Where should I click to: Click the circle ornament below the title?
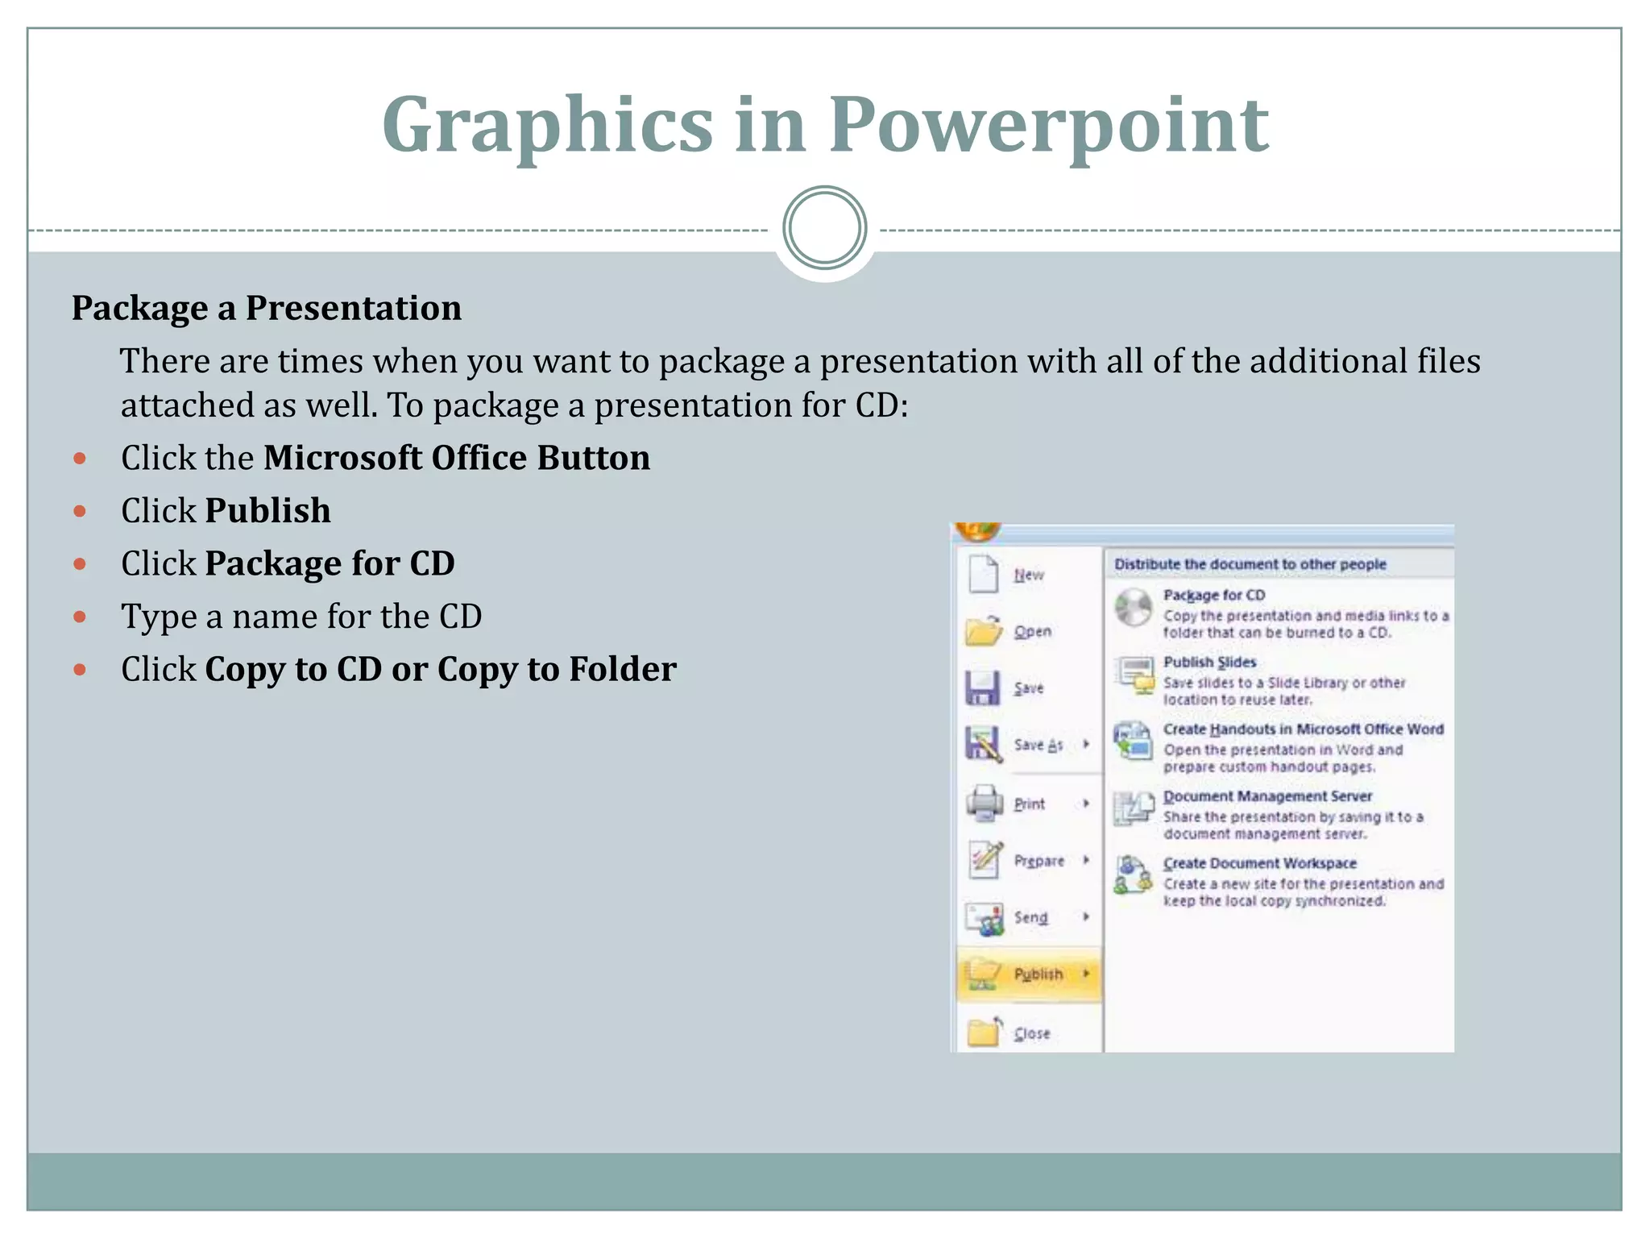coord(824,228)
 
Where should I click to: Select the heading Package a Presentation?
coord(267,308)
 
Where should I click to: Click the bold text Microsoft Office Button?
coord(456,458)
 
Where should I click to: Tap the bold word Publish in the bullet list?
coord(267,511)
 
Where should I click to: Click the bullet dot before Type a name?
coord(80,617)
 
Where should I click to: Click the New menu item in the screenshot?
coord(1028,575)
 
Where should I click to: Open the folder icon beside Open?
coord(984,630)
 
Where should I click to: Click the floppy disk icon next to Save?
coord(983,688)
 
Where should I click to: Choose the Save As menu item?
coord(1038,745)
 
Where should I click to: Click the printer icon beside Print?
coord(984,803)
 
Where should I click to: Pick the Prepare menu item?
coord(1039,861)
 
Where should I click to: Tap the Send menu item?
coord(1030,917)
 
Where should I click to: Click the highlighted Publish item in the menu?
coord(1037,974)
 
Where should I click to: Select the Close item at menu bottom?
coord(1031,1033)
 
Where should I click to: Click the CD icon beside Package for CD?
coord(1134,608)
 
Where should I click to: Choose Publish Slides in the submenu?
coord(1209,662)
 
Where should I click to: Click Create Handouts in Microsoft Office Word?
coord(1303,729)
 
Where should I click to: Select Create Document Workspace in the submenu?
coord(1259,863)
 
